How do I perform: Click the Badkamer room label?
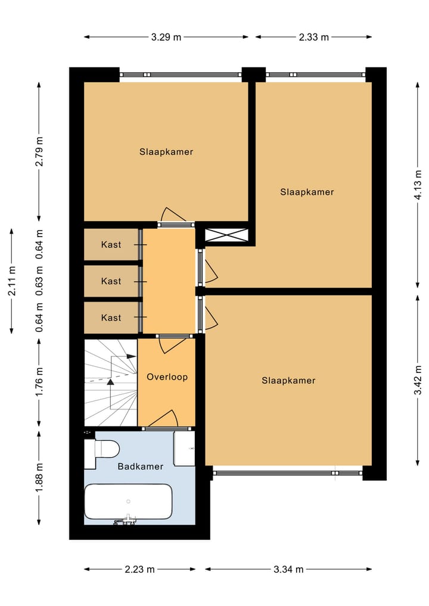click(140, 467)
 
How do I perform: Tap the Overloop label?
click(167, 377)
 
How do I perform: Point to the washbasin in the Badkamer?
click(184, 448)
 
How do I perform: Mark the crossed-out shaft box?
click(226, 234)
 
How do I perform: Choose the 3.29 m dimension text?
click(166, 37)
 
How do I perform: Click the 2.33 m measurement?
click(314, 37)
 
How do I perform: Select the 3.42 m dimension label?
click(419, 380)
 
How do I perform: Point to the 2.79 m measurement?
click(39, 152)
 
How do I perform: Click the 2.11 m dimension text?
click(12, 281)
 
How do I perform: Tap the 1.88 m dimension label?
click(39, 478)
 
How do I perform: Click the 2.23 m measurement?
click(139, 569)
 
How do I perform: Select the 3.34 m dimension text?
click(288, 569)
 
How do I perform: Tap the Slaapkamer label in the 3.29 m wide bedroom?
click(166, 152)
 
